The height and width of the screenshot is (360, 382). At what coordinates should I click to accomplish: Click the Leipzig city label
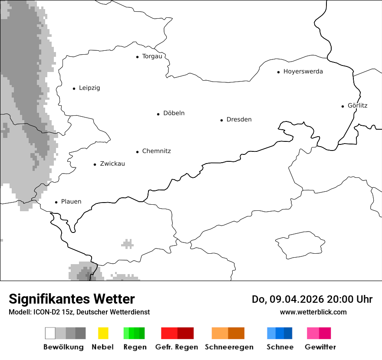pyautogui.click(x=89, y=88)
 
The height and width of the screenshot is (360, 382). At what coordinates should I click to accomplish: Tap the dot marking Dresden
pyautogui.click(x=221, y=120)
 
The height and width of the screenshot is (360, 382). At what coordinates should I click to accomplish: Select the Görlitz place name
pyautogui.click(x=357, y=105)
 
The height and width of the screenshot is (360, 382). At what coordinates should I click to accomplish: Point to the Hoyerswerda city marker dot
pyautogui.click(x=278, y=72)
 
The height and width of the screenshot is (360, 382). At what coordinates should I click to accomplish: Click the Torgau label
pyautogui.click(x=152, y=56)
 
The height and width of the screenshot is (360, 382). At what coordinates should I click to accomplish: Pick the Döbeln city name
pyautogui.click(x=174, y=113)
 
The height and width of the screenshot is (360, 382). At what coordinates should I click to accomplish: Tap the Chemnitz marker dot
pyautogui.click(x=138, y=152)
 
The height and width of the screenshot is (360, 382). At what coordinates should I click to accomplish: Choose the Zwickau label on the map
pyautogui.click(x=112, y=164)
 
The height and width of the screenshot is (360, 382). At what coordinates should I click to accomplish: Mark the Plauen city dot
pyautogui.click(x=56, y=202)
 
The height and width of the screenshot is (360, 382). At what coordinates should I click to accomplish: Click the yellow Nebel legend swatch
pyautogui.click(x=103, y=333)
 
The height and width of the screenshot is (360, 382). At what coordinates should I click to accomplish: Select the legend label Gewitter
pyautogui.click(x=320, y=347)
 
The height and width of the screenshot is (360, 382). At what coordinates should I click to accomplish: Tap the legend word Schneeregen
pyautogui.click(x=229, y=347)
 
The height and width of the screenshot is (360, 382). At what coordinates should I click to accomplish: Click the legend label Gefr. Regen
pyautogui.click(x=176, y=347)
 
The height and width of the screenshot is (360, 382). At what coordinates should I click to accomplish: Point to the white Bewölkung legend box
pyautogui.click(x=50, y=333)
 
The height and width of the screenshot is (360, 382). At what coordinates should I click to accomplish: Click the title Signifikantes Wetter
pyautogui.click(x=72, y=299)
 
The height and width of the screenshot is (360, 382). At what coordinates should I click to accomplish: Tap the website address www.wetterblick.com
pyautogui.click(x=313, y=312)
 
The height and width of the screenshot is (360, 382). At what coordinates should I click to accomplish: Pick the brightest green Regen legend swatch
pyautogui.click(x=126, y=333)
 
